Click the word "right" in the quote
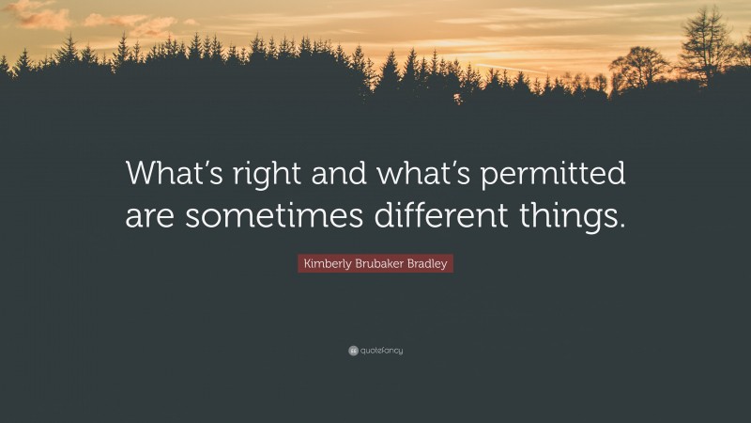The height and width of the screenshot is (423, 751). pos(257,174)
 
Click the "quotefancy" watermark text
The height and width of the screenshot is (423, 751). pos(381,351)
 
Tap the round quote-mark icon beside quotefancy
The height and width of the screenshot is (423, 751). pos(353,351)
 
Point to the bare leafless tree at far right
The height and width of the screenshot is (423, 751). pos(707,42)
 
